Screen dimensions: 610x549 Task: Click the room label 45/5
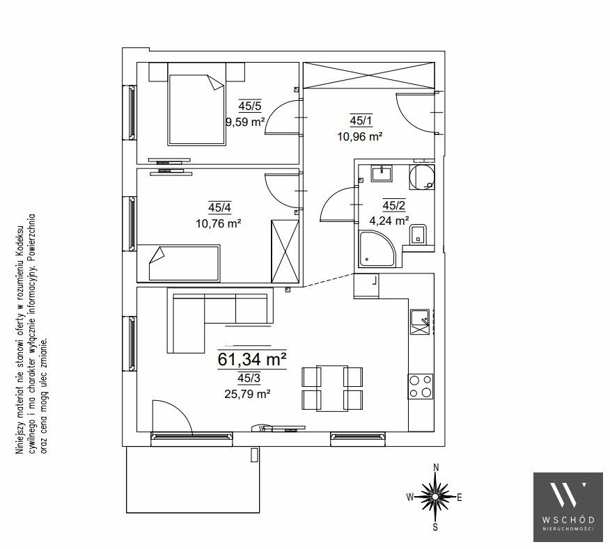tap(250, 106)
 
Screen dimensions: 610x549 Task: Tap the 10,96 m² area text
tap(360, 136)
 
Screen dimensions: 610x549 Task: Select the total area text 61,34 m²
tap(251, 359)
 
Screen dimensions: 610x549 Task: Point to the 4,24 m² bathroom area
tap(389, 221)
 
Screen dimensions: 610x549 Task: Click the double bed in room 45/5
tap(197, 105)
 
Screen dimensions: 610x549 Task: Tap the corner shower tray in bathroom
tap(377, 249)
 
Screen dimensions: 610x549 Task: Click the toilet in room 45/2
tap(419, 234)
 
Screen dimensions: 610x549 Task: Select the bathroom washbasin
tap(382, 173)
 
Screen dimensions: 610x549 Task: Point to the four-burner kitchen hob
tap(421, 386)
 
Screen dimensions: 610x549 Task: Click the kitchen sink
tap(419, 322)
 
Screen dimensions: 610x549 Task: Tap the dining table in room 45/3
tap(332, 388)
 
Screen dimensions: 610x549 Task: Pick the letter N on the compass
tap(436, 468)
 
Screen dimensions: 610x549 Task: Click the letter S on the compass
tap(435, 527)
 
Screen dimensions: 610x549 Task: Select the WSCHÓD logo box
tap(568, 507)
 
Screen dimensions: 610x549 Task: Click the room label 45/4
tap(219, 207)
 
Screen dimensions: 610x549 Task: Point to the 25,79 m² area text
tap(247, 395)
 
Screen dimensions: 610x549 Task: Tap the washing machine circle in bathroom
tap(422, 177)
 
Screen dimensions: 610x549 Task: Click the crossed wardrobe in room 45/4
tap(286, 251)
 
